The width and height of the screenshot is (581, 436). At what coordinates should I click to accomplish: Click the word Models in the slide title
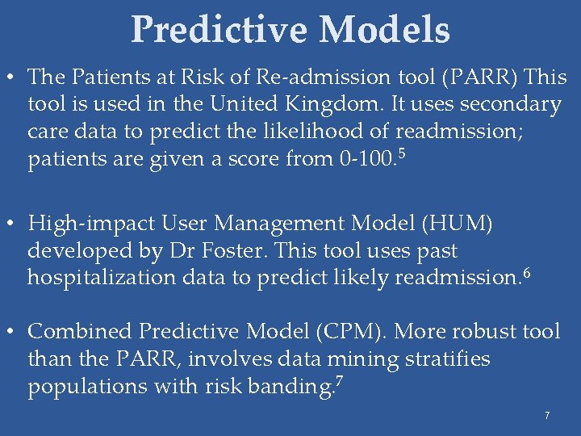coord(384,30)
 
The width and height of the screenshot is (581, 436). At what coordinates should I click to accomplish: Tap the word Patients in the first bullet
coord(107,78)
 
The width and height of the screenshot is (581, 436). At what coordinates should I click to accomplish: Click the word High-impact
coord(90,222)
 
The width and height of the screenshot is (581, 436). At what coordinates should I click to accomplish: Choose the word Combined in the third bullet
coord(80,332)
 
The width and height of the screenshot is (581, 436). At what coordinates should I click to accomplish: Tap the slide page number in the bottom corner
coord(547,416)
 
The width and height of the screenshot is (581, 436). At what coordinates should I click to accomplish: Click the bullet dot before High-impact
coord(11,223)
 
